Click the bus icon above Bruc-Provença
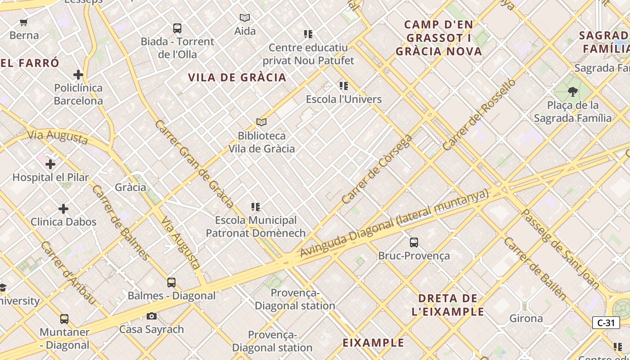pos(414,243)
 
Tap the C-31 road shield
pos(606,323)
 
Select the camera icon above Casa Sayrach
pos(152,316)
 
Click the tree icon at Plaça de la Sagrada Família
pos(572,92)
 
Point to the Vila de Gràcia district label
pos(237,77)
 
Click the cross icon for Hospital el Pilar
pos(50,164)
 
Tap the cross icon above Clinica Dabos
pos(63,209)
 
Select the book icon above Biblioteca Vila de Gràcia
pos(261,122)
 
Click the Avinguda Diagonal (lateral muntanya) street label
pos(394,224)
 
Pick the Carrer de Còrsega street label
pos(377,169)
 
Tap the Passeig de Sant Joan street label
pos(560,249)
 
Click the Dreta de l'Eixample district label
pos(448,305)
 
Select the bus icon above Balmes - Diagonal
pos(171,283)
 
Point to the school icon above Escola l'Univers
pos(344,86)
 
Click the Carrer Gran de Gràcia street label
pos(194,164)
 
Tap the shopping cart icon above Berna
pos(24,22)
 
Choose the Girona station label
pos(526,319)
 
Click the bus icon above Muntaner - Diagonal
pos(64,319)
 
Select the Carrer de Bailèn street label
pos(535,269)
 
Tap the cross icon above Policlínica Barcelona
pos(78,74)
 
